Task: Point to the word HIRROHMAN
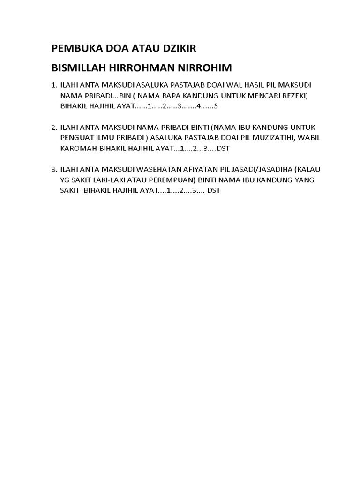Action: [x=143, y=68]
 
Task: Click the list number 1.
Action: [x=53, y=85]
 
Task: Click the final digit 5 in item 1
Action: [x=216, y=106]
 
